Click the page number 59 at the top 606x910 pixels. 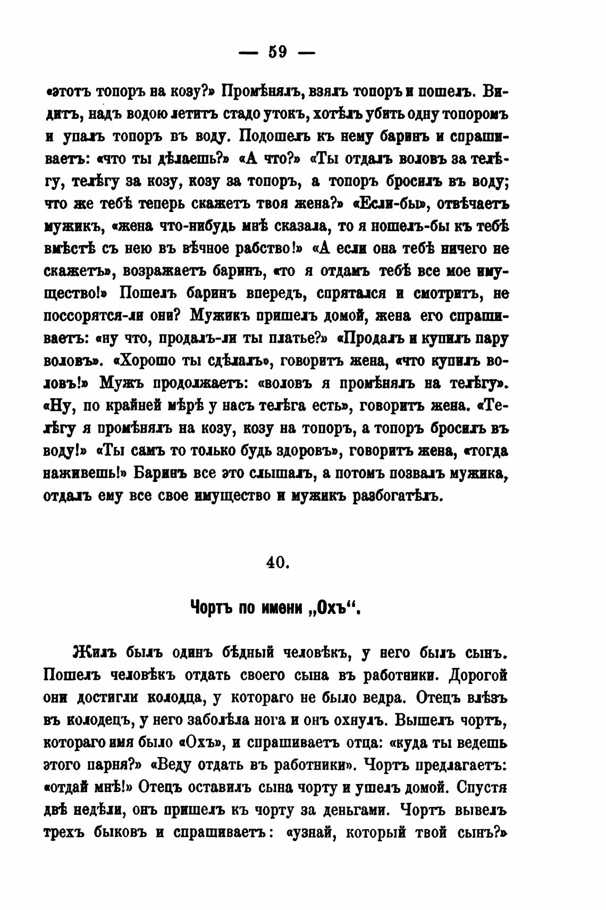277,52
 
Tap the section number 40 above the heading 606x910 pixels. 276,562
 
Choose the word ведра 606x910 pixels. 382,697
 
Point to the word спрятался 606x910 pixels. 353,294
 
